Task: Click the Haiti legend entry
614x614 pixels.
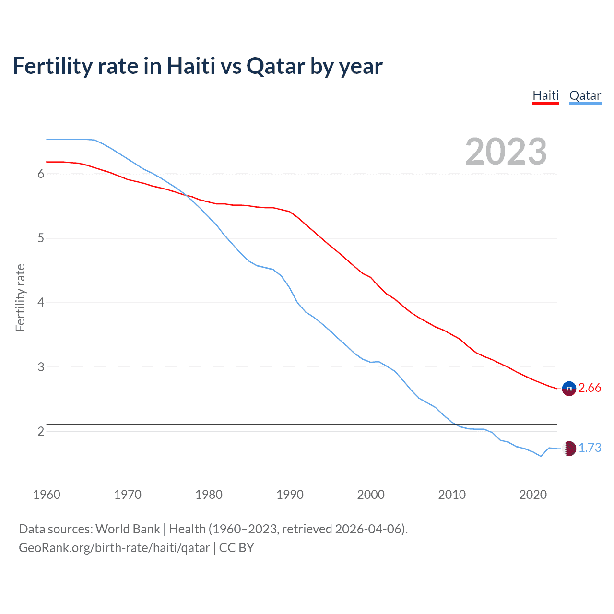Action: tap(546, 95)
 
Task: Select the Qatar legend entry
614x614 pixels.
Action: tap(585, 95)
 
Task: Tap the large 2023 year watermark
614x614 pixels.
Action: tap(506, 152)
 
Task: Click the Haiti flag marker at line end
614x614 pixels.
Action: tap(569, 389)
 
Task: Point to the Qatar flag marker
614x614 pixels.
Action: tap(569, 449)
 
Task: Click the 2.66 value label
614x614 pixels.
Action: tap(590, 388)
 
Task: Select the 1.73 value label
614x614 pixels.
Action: tap(590, 448)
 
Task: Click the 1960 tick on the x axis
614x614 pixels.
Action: tap(47, 495)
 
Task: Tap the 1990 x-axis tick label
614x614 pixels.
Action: tap(290, 495)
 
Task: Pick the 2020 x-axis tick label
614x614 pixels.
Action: tap(533, 495)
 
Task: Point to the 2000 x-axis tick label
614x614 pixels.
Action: tap(371, 495)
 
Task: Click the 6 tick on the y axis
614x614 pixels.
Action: tap(41, 174)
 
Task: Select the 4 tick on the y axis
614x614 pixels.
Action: tap(41, 303)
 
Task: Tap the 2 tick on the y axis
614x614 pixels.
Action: tap(41, 431)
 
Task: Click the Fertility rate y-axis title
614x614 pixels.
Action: tap(20, 297)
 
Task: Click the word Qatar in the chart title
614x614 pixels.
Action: tap(276, 66)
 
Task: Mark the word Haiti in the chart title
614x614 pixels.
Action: tap(191, 66)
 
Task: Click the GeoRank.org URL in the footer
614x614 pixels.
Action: tap(114, 548)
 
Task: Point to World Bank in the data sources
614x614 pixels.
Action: tap(128, 529)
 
